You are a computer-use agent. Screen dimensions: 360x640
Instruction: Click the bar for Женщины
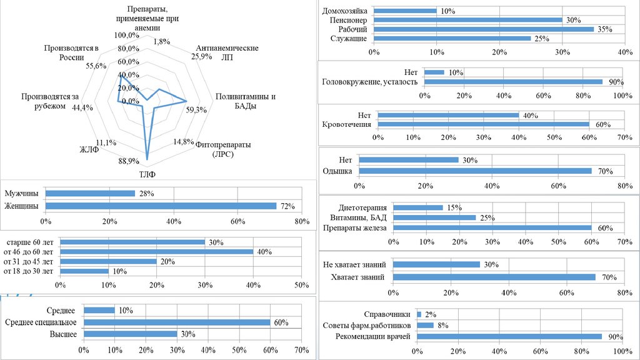(161, 206)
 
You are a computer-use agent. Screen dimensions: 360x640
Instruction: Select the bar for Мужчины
(90, 194)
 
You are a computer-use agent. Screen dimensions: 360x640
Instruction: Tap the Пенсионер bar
(468, 20)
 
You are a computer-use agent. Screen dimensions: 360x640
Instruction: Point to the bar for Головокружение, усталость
(513, 82)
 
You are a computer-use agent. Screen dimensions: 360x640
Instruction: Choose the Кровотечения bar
(484, 124)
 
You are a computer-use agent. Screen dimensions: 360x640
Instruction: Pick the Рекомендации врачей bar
(509, 336)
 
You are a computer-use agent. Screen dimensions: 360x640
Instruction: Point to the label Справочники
(387, 314)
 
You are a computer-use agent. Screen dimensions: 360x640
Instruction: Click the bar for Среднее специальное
(177, 322)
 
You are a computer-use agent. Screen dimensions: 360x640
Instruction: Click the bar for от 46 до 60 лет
(156, 252)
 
